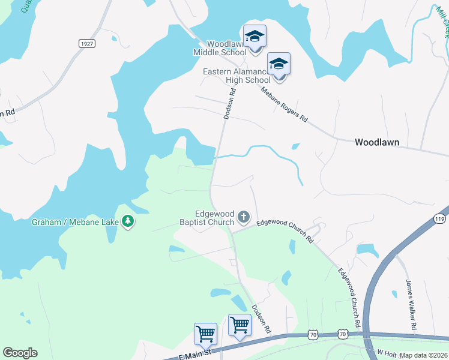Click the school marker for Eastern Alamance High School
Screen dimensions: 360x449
pos(279,64)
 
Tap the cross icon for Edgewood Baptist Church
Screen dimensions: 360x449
pos(244,216)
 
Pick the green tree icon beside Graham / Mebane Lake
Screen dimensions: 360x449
pos(127,222)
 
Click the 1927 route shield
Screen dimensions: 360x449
pos(87,43)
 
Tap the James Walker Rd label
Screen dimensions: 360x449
pos(411,305)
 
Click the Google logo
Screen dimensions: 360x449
pos(20,353)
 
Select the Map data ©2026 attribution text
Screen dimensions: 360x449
pos(423,355)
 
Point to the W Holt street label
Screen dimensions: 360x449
pos(387,352)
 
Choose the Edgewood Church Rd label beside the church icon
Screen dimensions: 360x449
pos(285,231)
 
